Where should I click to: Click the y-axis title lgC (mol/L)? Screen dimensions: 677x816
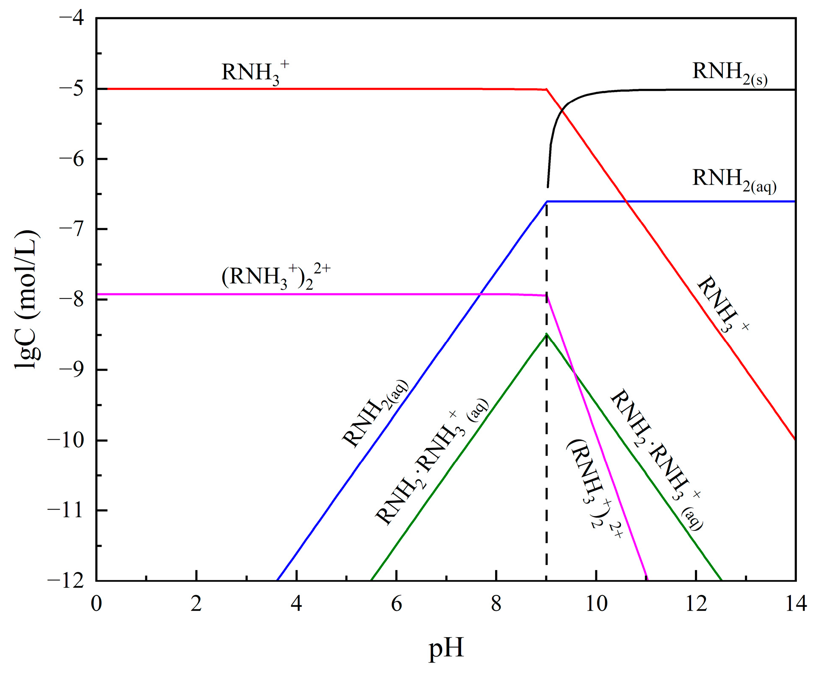click(27, 300)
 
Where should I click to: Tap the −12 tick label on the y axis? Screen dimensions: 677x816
click(66, 581)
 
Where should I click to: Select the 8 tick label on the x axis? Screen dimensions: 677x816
click(496, 604)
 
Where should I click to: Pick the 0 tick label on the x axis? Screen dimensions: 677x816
click(96, 604)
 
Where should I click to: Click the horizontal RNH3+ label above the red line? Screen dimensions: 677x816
click(255, 73)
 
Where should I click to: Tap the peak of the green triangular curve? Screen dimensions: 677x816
click(547, 334)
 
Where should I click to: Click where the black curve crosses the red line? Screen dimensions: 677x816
click(562, 110)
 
